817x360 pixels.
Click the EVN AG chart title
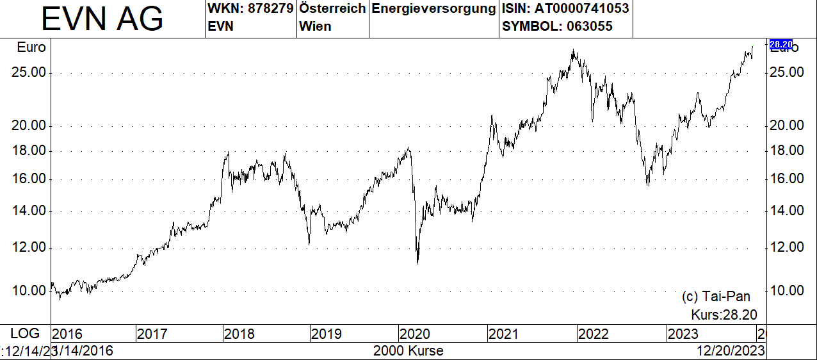tap(102, 20)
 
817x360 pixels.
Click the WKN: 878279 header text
tap(250, 9)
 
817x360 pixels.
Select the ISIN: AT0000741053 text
tap(565, 9)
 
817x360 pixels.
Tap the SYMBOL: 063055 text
tap(557, 26)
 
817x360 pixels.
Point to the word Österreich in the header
tap(332, 9)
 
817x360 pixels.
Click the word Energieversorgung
tap(433, 9)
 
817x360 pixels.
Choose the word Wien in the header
tap(315, 26)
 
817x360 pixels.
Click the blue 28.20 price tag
tap(781, 44)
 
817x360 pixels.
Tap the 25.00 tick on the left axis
tap(29, 72)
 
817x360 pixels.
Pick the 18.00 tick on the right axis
tap(787, 151)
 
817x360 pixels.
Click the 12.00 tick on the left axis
tap(29, 247)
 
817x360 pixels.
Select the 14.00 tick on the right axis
tap(787, 211)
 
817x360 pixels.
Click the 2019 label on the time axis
tap(327, 334)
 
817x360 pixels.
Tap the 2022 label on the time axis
tap(593, 334)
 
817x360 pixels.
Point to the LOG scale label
tap(25, 333)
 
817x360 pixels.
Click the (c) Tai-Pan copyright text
tap(716, 297)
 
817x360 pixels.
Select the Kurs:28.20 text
tap(724, 315)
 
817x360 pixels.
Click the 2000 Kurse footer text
tap(408, 351)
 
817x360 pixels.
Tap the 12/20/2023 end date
tap(731, 351)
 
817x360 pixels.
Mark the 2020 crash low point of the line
tap(417, 263)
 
